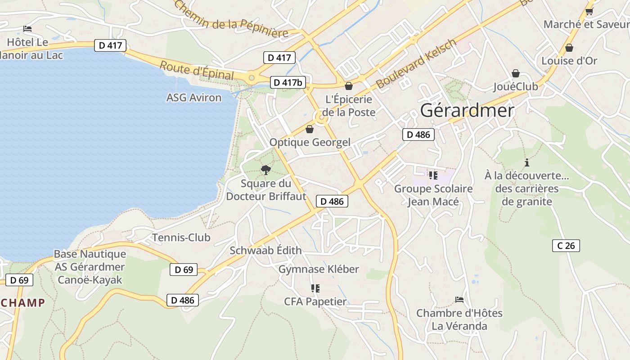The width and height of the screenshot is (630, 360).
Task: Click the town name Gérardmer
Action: (467, 111)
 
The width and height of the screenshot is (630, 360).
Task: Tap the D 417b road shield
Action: (288, 82)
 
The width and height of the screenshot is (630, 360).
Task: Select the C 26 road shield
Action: (566, 246)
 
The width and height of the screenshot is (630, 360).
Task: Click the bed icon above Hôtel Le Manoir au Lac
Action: (27, 29)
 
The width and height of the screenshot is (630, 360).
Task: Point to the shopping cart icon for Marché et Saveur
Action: (589, 11)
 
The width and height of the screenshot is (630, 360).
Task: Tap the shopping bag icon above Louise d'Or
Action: (569, 47)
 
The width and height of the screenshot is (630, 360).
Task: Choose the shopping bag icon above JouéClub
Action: (516, 73)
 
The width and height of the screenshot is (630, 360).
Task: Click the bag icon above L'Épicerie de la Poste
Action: (349, 85)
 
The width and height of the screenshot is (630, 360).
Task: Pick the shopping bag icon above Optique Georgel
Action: (310, 129)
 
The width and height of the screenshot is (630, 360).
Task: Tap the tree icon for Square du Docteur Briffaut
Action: (266, 170)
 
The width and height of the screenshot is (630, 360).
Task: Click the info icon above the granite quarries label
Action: (527, 162)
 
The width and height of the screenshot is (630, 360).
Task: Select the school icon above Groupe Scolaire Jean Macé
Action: (433, 175)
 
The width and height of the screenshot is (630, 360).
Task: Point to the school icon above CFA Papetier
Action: (315, 288)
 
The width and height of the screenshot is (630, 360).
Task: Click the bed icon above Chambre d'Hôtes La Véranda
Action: (459, 299)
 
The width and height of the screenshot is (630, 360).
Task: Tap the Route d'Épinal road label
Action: (197, 70)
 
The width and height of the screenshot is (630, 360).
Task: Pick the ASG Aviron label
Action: (194, 98)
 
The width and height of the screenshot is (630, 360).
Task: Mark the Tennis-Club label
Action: (181, 238)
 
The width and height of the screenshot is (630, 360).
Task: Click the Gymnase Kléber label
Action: (319, 269)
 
